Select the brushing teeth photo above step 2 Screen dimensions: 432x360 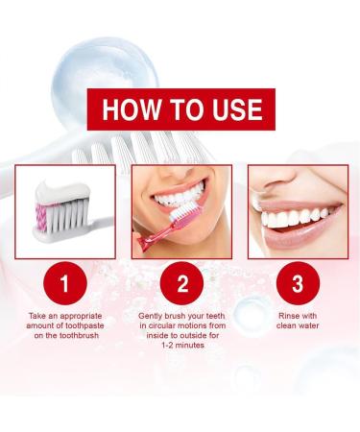pos(180,210)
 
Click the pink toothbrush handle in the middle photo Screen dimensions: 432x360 pos(154,240)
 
